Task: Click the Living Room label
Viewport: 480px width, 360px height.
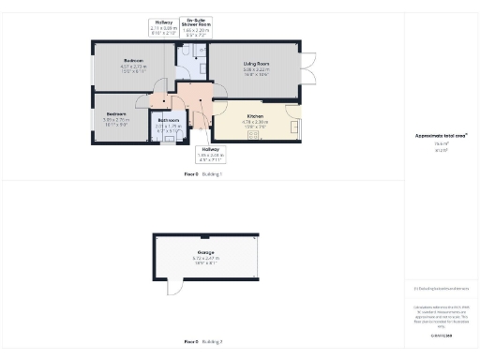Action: [x=256, y=64]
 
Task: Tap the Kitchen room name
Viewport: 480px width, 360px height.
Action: [x=256, y=115]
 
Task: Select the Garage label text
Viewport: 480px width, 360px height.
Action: [x=204, y=252]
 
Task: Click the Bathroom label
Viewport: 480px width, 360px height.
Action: [x=169, y=120]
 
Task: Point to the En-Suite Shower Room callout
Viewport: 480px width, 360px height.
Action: [x=197, y=26]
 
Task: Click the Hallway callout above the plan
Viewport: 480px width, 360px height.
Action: [x=164, y=26]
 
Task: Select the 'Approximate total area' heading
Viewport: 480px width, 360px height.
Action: [x=441, y=135]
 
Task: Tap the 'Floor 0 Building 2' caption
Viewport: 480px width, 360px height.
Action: [x=203, y=342]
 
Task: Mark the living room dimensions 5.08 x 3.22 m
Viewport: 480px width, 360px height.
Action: [x=256, y=70]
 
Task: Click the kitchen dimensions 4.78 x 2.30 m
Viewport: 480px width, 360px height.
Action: [x=256, y=122]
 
